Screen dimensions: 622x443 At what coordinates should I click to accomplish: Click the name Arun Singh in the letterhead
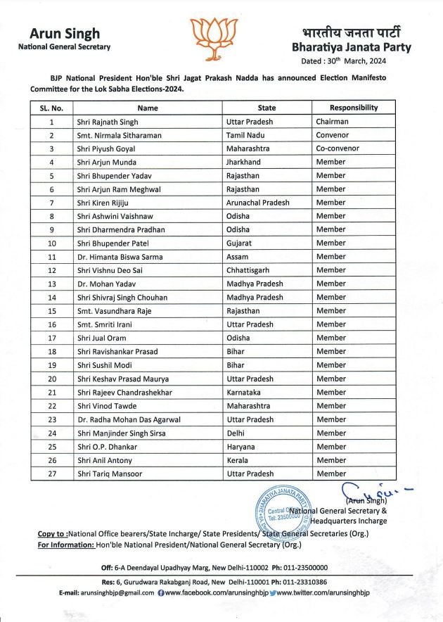tap(59, 34)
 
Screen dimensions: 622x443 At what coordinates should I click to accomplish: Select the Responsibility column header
tap(354, 108)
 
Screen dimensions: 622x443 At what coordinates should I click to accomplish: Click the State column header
tap(267, 108)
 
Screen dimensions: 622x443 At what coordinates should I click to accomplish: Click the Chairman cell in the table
tap(332, 122)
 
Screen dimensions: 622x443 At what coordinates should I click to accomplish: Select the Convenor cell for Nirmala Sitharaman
tap(332, 135)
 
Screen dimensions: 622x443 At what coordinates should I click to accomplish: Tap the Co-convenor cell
tap(338, 148)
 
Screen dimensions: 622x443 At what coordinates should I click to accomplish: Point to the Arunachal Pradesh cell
tap(257, 203)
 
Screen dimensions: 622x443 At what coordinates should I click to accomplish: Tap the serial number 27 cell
tap(51, 474)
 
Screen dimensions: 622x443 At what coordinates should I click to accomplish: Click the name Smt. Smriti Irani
tap(105, 324)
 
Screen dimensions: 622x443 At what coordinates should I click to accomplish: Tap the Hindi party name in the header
tap(351, 32)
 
